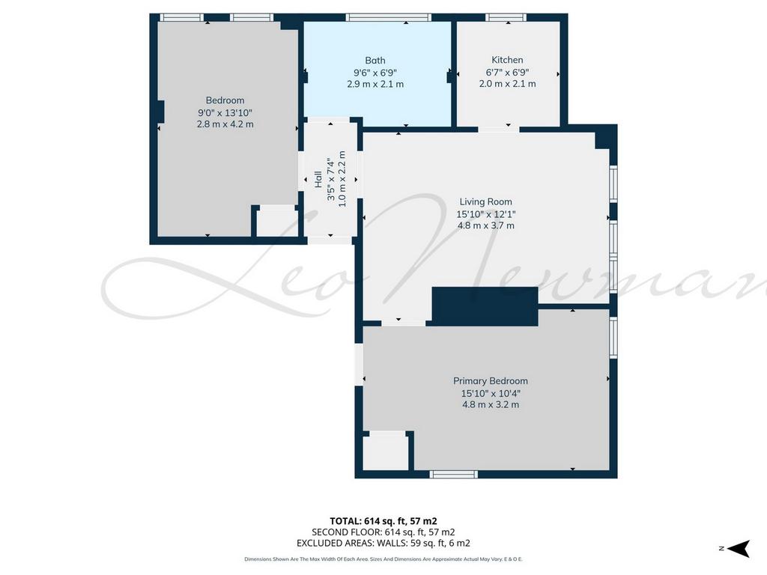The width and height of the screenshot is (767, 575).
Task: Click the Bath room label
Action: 375,61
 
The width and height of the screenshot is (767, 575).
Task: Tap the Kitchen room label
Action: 507,60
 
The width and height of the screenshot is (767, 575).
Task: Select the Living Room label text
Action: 485,201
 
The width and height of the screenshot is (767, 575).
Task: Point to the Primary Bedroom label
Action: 490,381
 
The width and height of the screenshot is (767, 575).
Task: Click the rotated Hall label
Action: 318,179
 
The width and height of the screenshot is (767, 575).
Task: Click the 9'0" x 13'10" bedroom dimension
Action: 225,112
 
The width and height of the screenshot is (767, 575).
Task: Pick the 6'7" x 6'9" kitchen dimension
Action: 507,73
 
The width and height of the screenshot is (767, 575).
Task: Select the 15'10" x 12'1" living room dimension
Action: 485,213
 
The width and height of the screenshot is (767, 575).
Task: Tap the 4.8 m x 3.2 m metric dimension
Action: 491,405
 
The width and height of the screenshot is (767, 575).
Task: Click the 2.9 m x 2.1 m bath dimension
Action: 375,84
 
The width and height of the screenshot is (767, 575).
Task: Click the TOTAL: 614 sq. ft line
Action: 383,521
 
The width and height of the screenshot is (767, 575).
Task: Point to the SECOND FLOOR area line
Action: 383,532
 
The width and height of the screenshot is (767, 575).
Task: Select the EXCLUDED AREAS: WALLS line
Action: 383,544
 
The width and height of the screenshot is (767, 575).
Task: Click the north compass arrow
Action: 739,548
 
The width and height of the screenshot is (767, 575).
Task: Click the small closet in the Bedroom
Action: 277,223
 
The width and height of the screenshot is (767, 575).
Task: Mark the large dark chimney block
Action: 485,306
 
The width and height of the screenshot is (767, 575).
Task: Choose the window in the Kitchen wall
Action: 506,18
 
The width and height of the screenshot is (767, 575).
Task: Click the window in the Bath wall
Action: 389,18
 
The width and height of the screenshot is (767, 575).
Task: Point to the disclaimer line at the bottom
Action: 383,559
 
